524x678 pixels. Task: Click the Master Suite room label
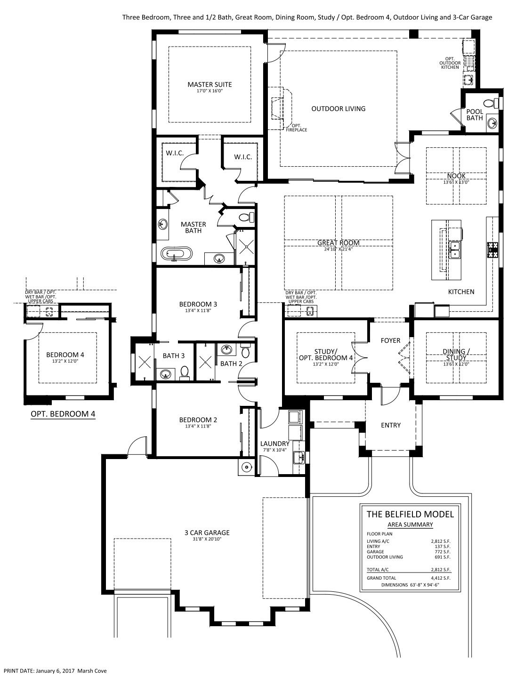point(210,84)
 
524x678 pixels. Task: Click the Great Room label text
point(339,242)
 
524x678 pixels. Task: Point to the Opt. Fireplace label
point(297,128)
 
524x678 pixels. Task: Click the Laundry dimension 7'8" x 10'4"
point(275,450)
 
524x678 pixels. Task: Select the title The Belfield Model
point(410,514)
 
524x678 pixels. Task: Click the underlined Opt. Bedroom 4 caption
point(63,414)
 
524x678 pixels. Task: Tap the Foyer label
point(390,340)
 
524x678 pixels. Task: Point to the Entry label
point(391,425)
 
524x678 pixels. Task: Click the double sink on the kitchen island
point(454,250)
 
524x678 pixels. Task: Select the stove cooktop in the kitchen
point(493,250)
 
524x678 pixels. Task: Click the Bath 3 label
point(174,355)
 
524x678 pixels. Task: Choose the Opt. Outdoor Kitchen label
point(450,63)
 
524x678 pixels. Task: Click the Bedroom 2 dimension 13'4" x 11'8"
point(198,426)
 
